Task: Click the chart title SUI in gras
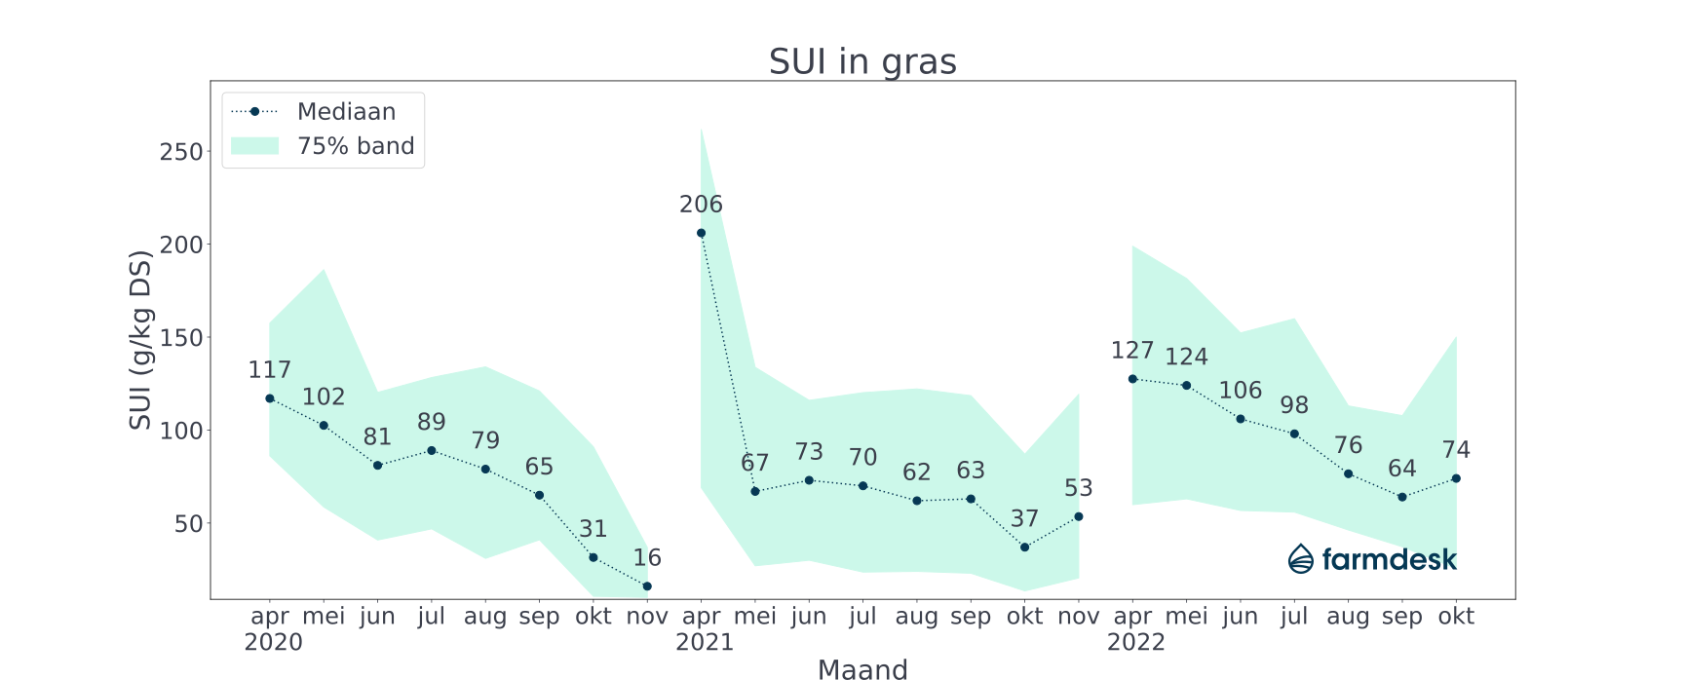coord(862,61)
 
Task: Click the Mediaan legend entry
coord(346,112)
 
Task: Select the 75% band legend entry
coord(356,146)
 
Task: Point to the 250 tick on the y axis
coord(181,152)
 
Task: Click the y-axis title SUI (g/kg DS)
coord(140,340)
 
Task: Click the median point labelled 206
coord(701,233)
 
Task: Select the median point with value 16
coord(647,586)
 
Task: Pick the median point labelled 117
coord(270,398)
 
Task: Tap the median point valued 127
coord(1132,379)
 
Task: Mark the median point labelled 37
coord(1024,547)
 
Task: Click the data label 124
coord(1186,357)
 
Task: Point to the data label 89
coord(432,422)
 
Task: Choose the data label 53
coord(1078,488)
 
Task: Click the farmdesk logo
coord(1372,559)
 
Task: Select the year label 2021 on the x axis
coord(705,642)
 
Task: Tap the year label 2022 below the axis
coord(1136,642)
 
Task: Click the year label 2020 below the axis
coord(274,642)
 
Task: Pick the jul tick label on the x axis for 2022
coord(1294,616)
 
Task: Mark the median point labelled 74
coord(1456,478)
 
